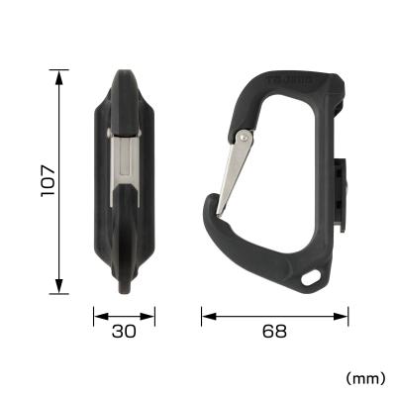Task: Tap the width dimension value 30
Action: (x=125, y=332)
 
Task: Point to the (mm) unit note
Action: (x=365, y=377)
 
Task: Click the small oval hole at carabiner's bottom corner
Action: (x=316, y=275)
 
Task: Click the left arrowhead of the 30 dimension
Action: (x=96, y=317)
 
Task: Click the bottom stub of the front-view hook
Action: (x=125, y=287)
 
